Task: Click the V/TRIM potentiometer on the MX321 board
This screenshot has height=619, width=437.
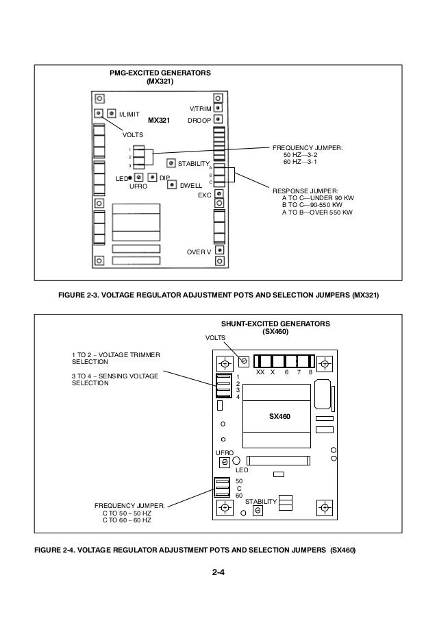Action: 218,108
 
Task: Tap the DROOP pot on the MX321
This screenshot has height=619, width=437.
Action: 218,120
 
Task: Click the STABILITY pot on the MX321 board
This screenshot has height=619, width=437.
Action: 170,163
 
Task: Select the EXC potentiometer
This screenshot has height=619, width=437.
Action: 218,195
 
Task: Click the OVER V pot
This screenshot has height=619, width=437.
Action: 218,250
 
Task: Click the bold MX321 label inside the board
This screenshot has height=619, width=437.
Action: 159,119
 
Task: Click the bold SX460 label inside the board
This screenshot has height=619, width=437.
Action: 279,416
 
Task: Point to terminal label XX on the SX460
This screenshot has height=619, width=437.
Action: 260,372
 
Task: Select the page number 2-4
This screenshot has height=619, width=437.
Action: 218,582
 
